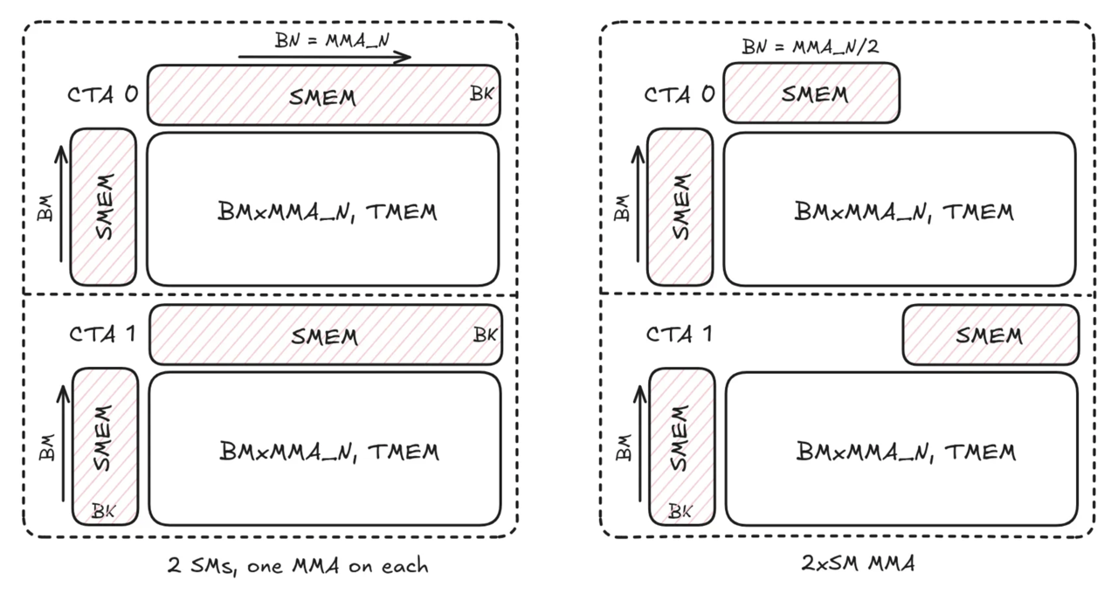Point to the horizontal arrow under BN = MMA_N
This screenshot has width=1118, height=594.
pos(324,58)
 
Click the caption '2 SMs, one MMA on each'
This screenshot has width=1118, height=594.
pos(298,565)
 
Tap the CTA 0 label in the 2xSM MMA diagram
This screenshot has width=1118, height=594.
pos(680,93)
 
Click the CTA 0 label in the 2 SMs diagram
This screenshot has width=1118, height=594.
pos(102,93)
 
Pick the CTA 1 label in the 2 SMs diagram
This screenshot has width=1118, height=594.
pos(102,333)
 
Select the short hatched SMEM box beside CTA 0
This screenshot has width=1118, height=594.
pos(812,93)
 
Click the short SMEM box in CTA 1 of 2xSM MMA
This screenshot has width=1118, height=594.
pos(990,335)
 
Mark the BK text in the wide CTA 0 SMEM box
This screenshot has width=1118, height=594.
pos(481,93)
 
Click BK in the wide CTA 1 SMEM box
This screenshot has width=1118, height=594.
pos(485,334)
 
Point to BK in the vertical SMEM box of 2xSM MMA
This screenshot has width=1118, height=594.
pos(680,511)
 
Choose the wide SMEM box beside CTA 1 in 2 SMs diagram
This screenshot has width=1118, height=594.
pos(326,335)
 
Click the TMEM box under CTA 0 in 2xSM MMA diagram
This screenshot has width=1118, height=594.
pos(900,210)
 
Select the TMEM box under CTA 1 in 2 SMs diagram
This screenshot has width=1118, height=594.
pos(325,451)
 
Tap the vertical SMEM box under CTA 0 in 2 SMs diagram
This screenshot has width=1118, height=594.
pos(103,207)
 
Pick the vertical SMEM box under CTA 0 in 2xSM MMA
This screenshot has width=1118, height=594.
pos(680,207)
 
